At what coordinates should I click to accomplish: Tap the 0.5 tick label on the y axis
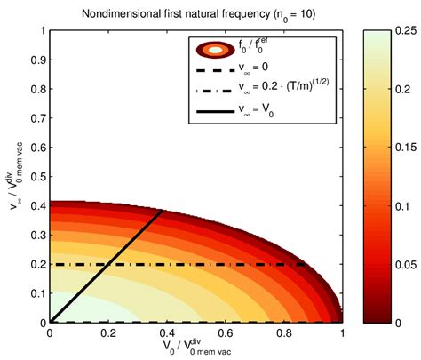click(x=36, y=177)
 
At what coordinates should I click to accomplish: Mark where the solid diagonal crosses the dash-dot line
click(x=107, y=264)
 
